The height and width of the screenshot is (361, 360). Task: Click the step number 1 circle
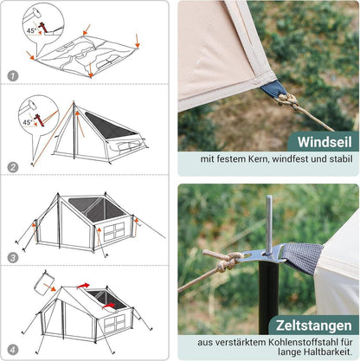point(13,76)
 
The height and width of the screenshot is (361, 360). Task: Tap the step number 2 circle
point(13,167)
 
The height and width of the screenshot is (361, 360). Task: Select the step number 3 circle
point(13,258)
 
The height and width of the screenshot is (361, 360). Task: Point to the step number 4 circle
point(13,350)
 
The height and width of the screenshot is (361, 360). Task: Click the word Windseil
point(325,142)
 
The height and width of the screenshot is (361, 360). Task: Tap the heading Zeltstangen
point(314,326)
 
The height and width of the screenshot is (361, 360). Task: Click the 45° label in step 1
point(32,30)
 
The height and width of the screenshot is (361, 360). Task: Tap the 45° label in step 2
point(28,122)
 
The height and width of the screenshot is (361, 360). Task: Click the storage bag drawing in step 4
point(44,283)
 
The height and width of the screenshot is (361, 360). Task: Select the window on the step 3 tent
point(114,231)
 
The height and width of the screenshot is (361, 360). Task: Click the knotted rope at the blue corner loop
point(288,100)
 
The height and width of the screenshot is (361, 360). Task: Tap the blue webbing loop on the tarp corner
point(274,89)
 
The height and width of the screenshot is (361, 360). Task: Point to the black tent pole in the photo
point(268,297)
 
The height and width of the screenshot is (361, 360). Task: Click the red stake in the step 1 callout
point(43,27)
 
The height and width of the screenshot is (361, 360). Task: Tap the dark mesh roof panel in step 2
point(111,126)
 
